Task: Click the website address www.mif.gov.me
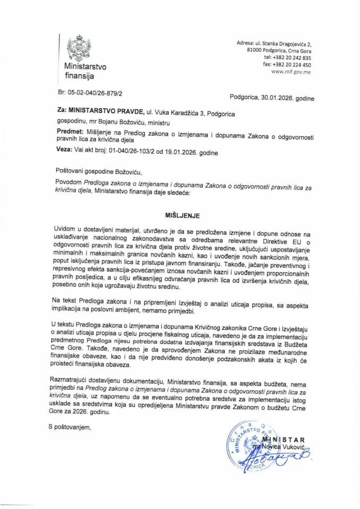point(291,71)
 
